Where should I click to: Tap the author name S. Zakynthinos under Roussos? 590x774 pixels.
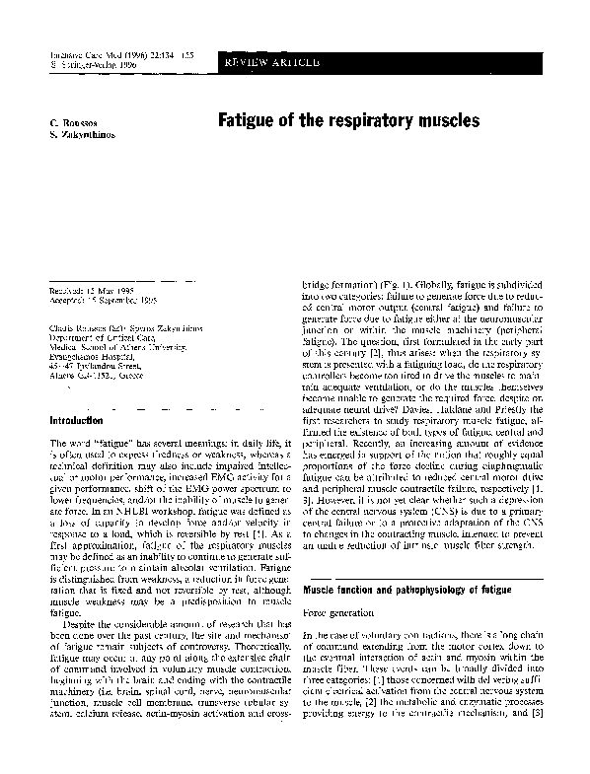(82, 133)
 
